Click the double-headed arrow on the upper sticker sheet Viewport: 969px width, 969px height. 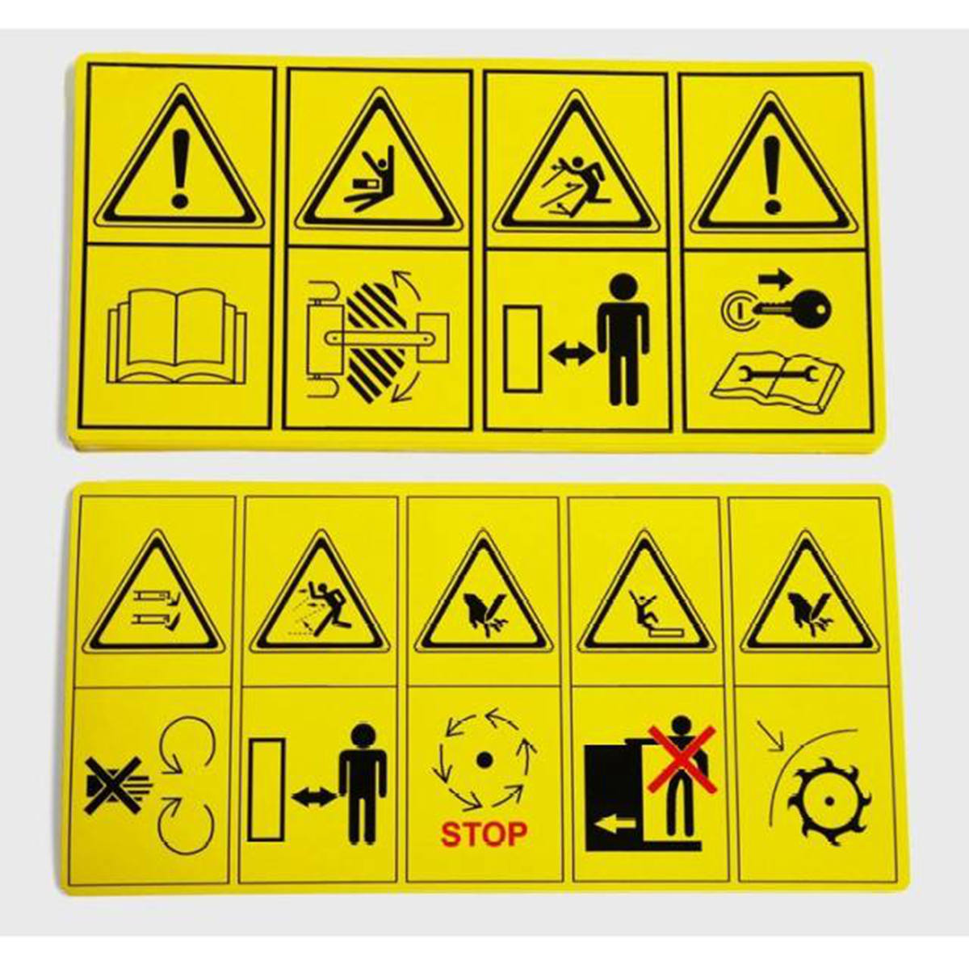[571, 354]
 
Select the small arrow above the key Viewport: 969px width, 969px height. [775, 279]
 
